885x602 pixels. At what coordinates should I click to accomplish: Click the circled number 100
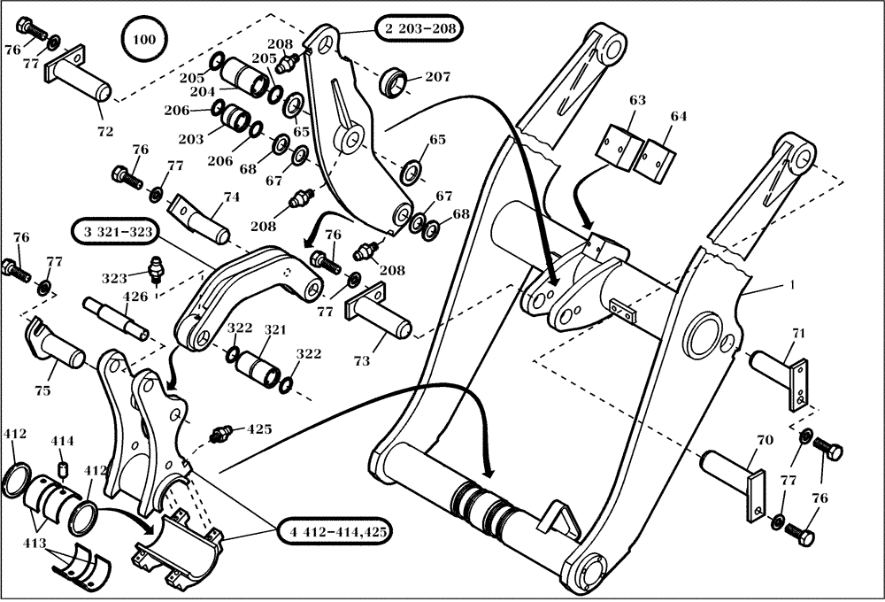(142, 39)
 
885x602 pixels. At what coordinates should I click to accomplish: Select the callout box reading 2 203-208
(419, 28)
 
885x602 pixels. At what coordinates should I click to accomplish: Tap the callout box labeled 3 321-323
(113, 233)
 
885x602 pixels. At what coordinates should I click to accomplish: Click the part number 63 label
(637, 101)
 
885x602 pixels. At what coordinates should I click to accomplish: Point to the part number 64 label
(678, 116)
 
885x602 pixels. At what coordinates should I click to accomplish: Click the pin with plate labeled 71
(780, 370)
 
